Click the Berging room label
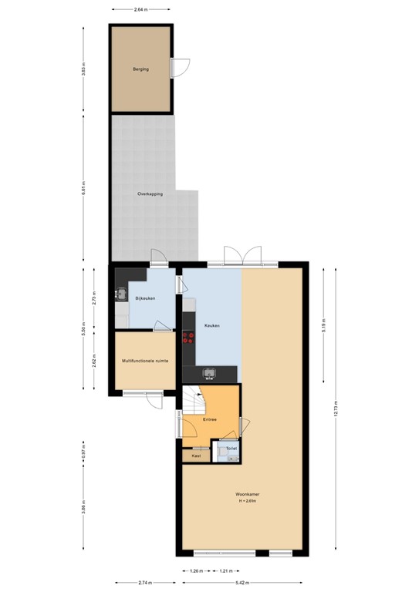(x=140, y=69)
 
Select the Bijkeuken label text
(x=146, y=298)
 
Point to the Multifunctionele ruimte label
(x=146, y=360)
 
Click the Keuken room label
(x=212, y=326)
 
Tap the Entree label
(x=209, y=419)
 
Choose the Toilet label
(x=231, y=447)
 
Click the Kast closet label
(x=196, y=456)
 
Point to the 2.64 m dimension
(x=140, y=9)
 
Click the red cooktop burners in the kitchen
(x=188, y=338)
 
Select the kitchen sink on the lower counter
(x=208, y=373)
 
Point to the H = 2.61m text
(x=247, y=502)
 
